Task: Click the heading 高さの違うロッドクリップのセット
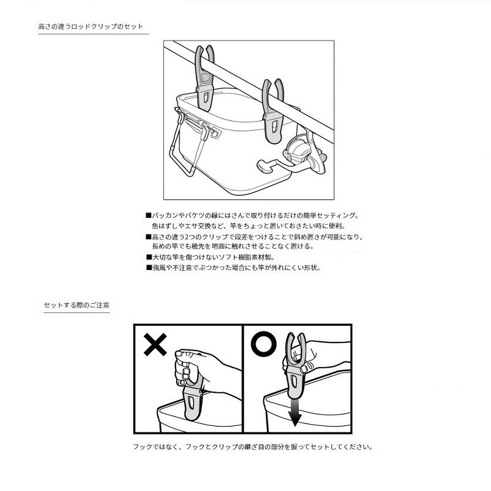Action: [x=90, y=26]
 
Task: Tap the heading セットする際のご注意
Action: [x=77, y=305]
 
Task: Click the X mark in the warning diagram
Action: [x=155, y=344]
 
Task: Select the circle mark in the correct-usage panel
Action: [x=264, y=344]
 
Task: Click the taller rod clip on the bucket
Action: [x=205, y=79]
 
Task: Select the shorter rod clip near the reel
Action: [x=273, y=111]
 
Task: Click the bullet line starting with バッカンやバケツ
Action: [x=252, y=215]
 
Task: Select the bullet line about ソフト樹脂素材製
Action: [x=211, y=257]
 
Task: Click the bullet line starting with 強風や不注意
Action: [x=234, y=268]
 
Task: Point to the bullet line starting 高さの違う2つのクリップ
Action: [x=254, y=237]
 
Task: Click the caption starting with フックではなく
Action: [x=253, y=447]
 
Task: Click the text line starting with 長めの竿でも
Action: [x=233, y=247]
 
